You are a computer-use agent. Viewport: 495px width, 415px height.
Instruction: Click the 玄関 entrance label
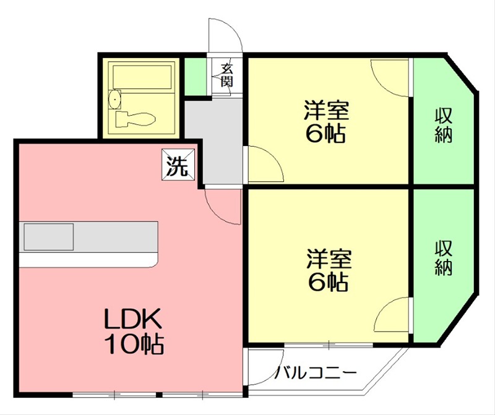click(x=227, y=75)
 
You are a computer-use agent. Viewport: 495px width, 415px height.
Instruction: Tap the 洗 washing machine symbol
click(x=178, y=165)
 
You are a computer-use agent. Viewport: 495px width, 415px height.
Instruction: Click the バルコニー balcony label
click(x=316, y=373)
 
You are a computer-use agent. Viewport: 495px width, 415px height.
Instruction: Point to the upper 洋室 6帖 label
click(x=326, y=121)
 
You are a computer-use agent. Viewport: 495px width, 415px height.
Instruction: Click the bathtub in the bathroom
click(x=142, y=76)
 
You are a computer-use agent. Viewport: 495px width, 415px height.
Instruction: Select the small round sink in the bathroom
click(x=114, y=99)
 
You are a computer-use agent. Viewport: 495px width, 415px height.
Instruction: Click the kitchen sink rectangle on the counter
click(x=49, y=237)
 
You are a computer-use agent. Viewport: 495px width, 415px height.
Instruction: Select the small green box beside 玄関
click(x=196, y=76)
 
